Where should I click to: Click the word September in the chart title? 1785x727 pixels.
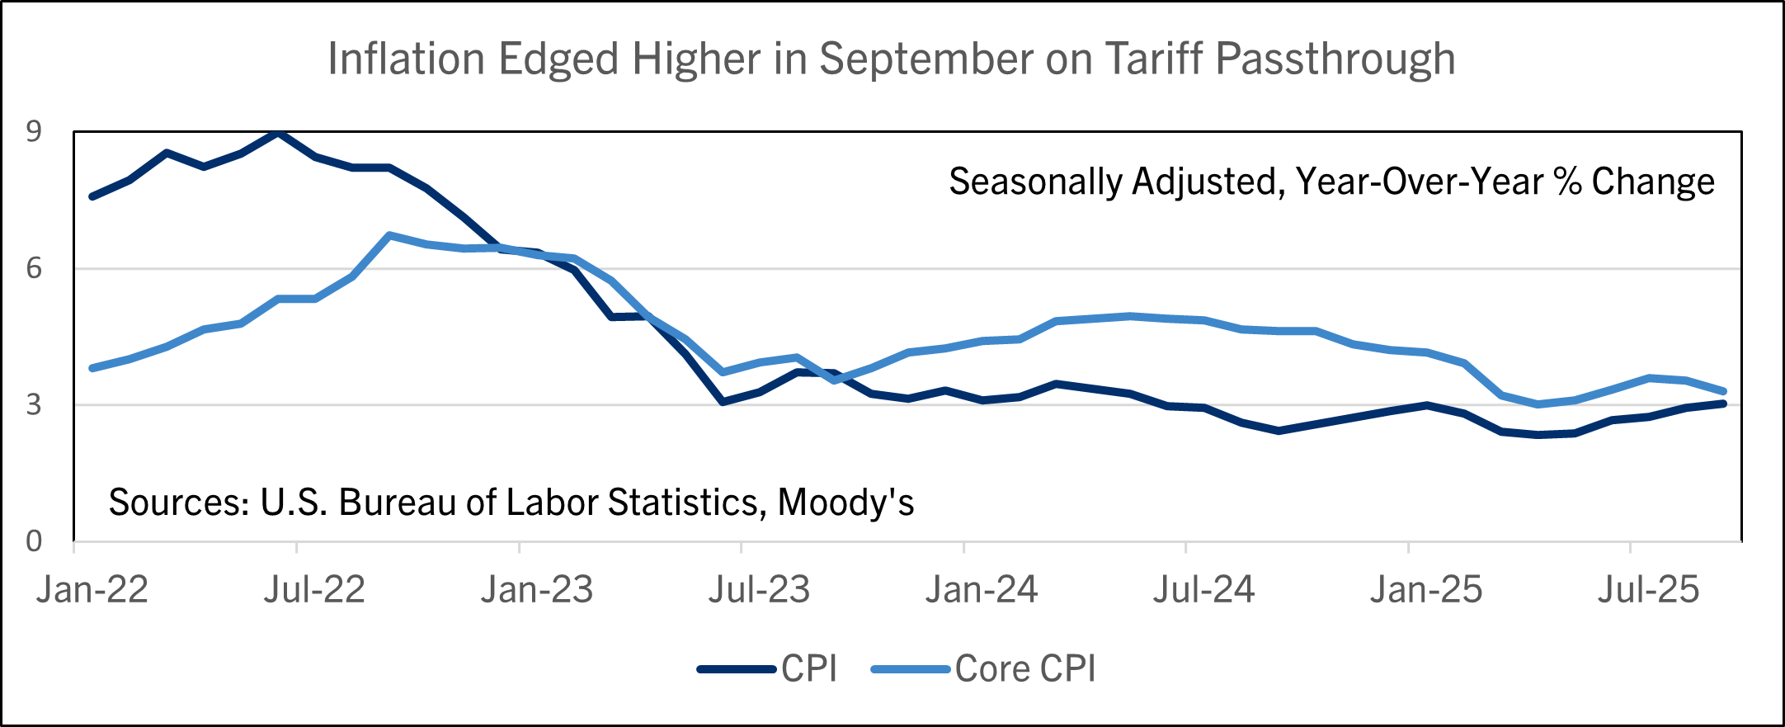point(926,59)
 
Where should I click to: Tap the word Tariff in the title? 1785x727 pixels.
point(1154,59)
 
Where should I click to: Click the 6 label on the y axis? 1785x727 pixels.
point(34,268)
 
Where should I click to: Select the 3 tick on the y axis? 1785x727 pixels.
point(34,404)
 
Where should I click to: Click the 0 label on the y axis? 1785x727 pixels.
point(34,541)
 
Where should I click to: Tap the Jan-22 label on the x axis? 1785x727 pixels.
point(92,590)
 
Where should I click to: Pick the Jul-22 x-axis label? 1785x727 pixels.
point(314,590)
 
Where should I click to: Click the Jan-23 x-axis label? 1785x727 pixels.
point(537,590)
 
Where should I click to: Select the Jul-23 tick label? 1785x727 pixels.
point(759,590)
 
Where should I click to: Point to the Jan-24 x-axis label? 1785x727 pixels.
point(982,590)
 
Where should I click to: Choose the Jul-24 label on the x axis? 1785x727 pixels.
point(1203,590)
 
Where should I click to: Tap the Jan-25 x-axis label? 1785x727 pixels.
point(1426,590)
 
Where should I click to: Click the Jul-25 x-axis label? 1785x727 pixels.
point(1648,590)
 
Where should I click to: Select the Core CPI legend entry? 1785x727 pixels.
point(1025,669)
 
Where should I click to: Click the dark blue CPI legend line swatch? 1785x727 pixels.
point(737,669)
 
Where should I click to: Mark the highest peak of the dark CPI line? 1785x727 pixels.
point(279,133)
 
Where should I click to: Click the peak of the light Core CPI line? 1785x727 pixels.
point(389,235)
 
